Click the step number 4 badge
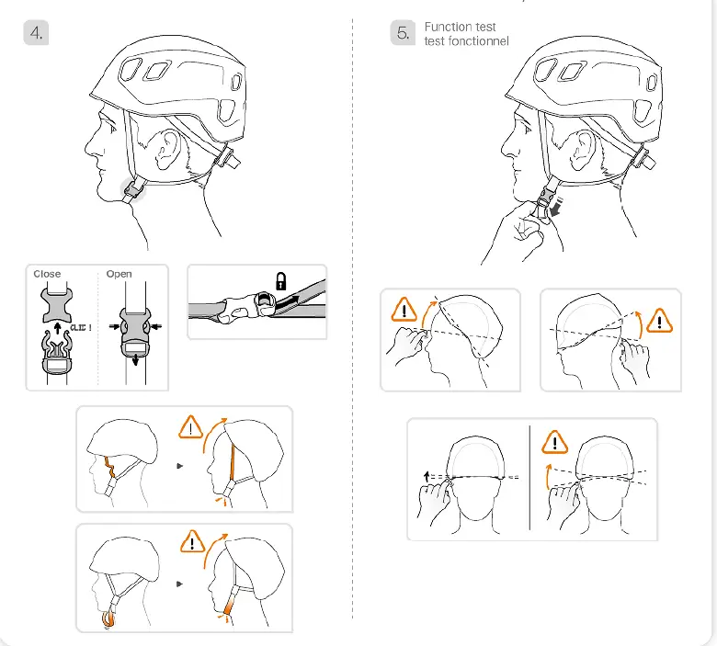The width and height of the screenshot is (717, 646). (x=36, y=33)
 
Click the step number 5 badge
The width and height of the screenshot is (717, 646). (x=403, y=33)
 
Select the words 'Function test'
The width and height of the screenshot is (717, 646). (x=460, y=28)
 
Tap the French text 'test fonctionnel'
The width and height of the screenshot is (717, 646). (x=466, y=41)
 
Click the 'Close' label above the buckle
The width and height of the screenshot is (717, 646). (x=47, y=274)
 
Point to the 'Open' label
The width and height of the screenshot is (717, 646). (x=119, y=274)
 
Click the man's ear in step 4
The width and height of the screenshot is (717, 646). (x=167, y=149)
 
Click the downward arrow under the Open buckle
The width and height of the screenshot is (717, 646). (x=136, y=362)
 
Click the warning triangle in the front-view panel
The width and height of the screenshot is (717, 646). (x=554, y=443)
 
